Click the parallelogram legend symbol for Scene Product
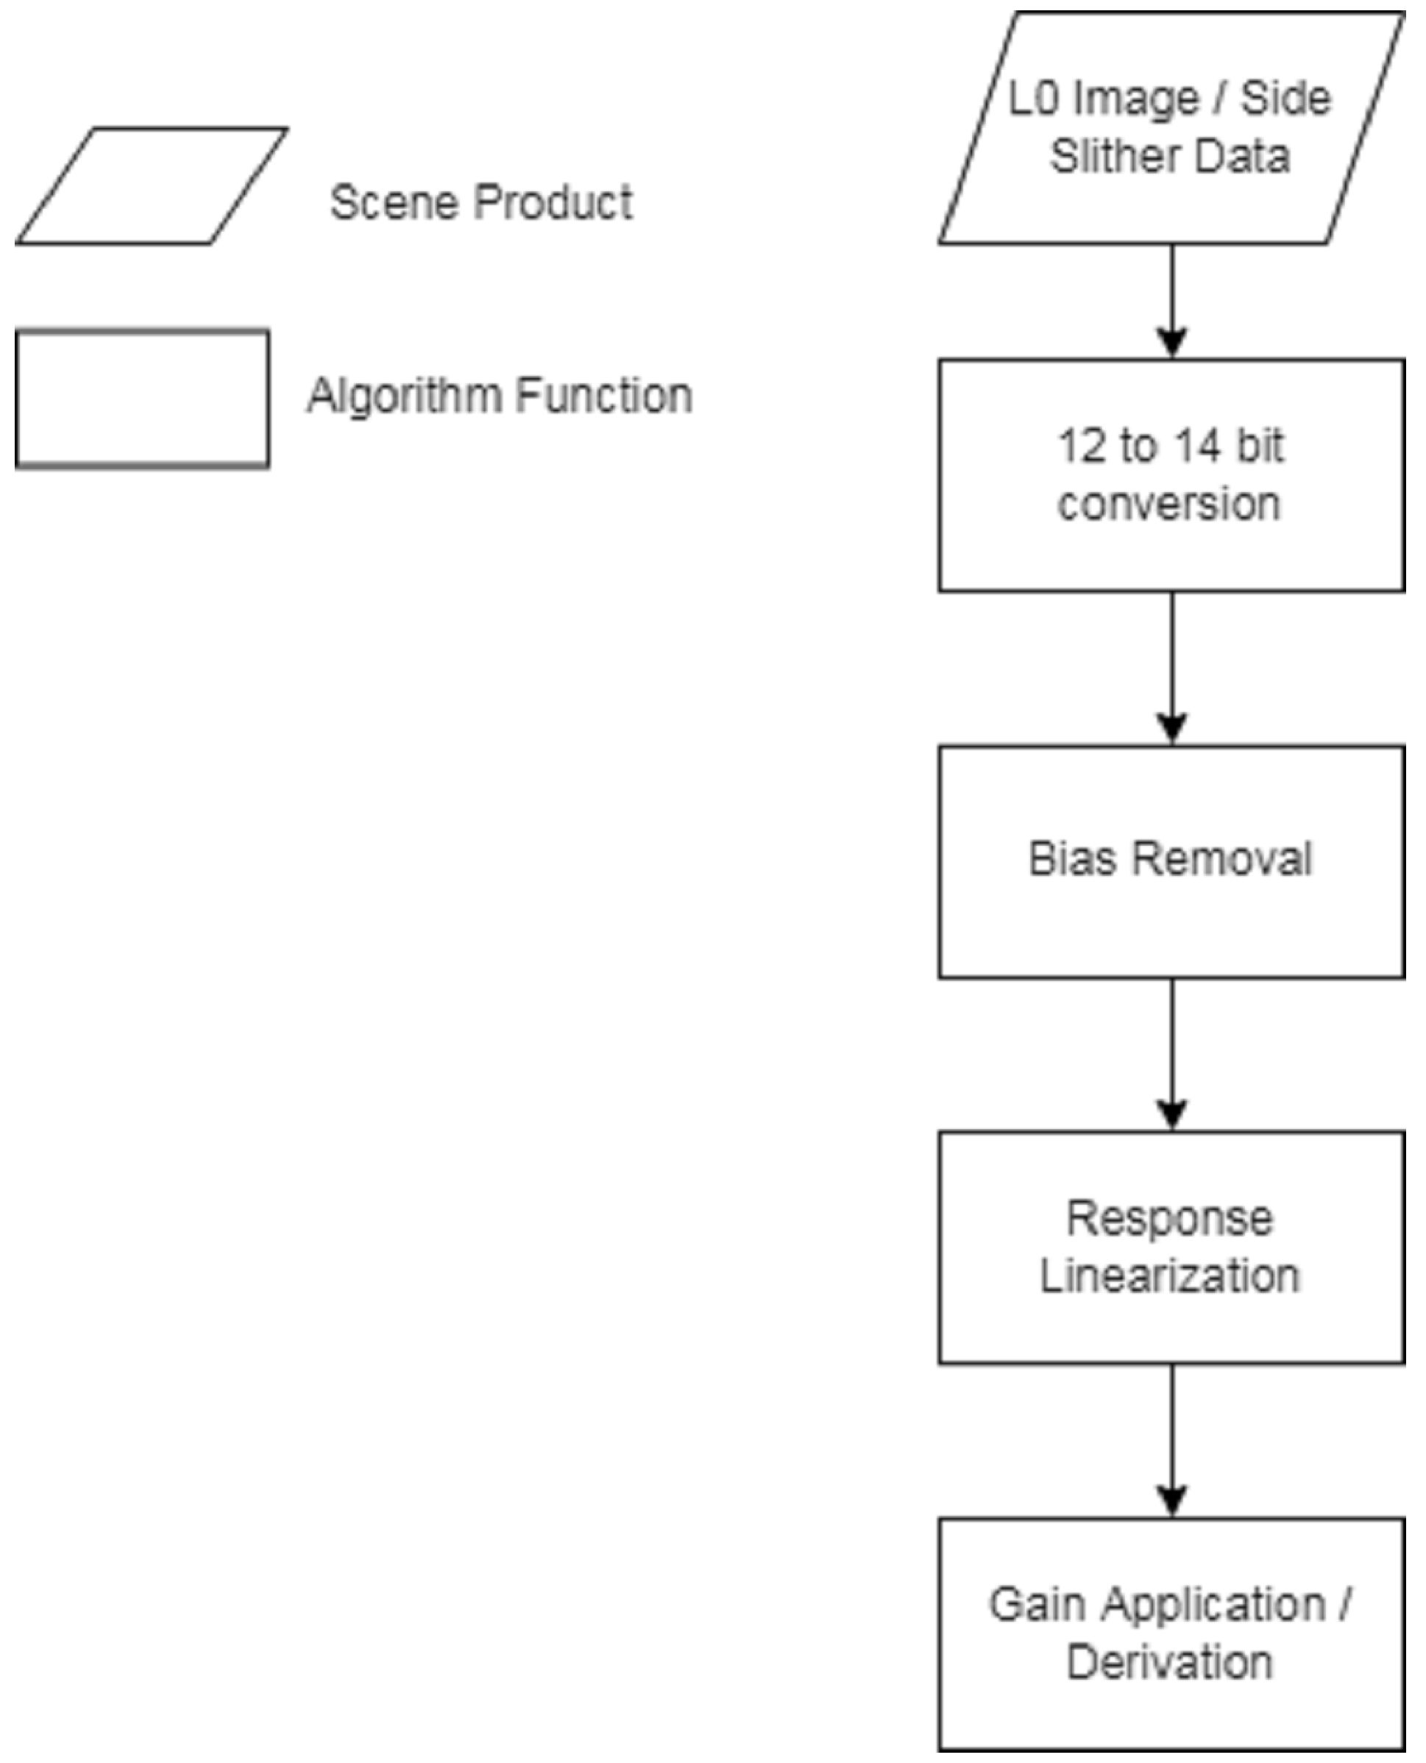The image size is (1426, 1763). tap(152, 186)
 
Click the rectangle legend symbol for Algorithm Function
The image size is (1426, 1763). tap(142, 399)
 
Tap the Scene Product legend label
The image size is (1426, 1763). tap(480, 202)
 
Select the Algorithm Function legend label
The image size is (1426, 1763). tap(500, 396)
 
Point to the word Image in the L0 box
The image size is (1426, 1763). tap(1137, 99)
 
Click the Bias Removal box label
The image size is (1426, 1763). tap(1170, 859)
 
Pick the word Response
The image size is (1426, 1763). tap(1170, 1218)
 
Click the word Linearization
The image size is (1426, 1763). tap(1170, 1276)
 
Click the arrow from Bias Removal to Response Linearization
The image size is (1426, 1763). tap(1172, 1055)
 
